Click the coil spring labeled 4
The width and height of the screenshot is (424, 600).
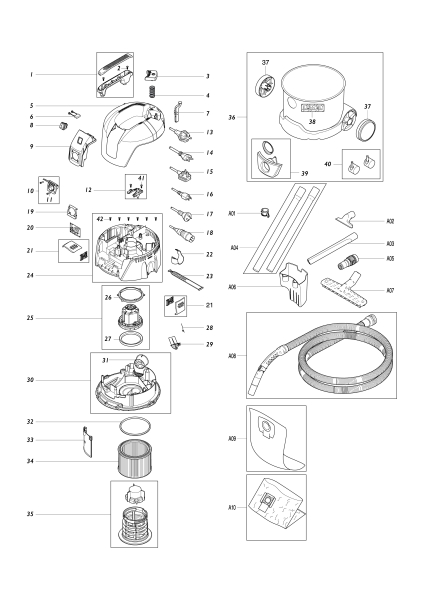[x=153, y=93]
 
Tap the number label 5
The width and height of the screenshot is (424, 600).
[x=32, y=105]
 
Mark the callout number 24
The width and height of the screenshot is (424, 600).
[x=32, y=275]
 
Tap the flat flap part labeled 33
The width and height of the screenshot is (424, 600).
[x=87, y=440]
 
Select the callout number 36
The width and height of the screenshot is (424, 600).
[x=232, y=117]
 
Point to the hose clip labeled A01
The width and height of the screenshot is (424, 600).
[x=264, y=212]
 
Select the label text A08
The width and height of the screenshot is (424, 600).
[x=232, y=355]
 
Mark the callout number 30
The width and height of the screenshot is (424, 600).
[x=32, y=380]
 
